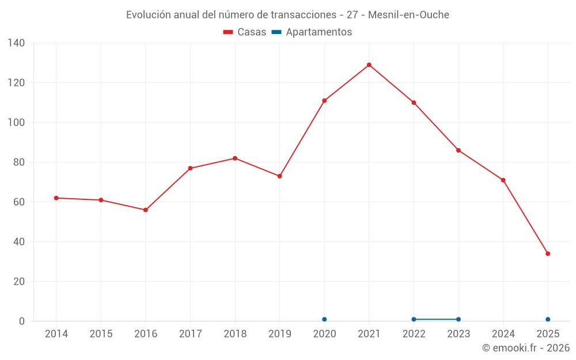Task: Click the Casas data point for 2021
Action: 369,65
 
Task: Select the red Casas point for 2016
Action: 146,210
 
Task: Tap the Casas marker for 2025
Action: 548,254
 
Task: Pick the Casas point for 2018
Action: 235,158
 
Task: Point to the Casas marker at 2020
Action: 324,101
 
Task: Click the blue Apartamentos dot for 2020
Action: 324,319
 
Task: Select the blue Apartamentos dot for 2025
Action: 548,319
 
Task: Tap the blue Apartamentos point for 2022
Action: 414,319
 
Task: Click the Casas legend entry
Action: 245,32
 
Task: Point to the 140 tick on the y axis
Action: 17,43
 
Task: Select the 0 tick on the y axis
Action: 22,321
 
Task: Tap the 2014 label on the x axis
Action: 56,334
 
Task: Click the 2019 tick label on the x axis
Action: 280,334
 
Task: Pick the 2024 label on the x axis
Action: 503,334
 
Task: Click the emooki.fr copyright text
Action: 526,348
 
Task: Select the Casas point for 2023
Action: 458,150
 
